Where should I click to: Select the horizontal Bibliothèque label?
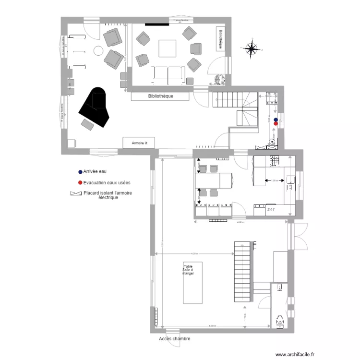161,96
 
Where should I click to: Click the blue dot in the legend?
80,171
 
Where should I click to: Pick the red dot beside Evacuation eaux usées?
80,183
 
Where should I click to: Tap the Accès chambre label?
174,338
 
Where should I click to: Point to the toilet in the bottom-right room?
279,321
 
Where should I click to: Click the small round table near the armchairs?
98,50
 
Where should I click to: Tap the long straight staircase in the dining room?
242,272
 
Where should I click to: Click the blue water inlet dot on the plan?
276,120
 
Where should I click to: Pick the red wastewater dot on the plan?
276,123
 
